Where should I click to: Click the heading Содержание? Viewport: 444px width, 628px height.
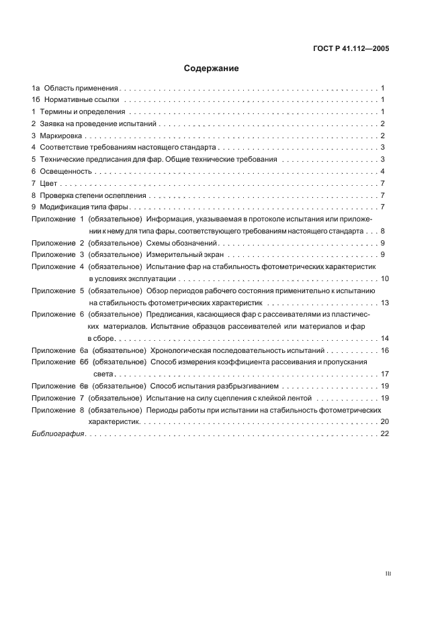pyautogui.click(x=212, y=68)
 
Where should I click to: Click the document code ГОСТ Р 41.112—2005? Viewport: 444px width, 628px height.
pyautogui.click(x=351, y=48)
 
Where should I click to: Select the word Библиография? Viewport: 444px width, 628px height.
pyautogui.click(x=58, y=434)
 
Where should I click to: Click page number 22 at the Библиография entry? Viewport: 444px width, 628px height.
pyautogui.click(x=384, y=434)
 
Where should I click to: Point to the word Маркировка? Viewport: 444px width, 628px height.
pyautogui.click(x=64, y=136)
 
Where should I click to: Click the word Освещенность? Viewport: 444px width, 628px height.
pyautogui.click(x=66, y=171)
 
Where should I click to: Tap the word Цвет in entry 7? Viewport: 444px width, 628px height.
pyautogui.click(x=49, y=183)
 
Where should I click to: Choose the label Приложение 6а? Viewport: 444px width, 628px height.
pyautogui.click(x=60, y=351)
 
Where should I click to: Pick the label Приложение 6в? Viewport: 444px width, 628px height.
pyautogui.click(x=60, y=386)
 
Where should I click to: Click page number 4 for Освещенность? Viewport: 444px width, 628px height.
pyautogui.click(x=382, y=171)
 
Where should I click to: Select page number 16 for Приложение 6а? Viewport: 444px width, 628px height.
pyautogui.click(x=384, y=351)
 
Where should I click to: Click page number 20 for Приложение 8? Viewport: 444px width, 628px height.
pyautogui.click(x=384, y=422)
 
